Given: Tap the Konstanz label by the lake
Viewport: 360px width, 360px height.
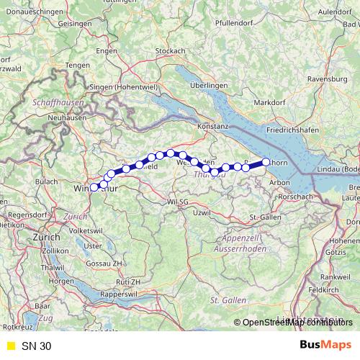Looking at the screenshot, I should [212, 125].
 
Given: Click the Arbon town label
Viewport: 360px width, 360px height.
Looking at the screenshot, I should [279, 183].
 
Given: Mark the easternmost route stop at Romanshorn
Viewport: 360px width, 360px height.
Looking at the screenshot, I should [266, 162].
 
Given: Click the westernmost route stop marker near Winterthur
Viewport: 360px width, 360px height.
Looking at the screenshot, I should [94, 188].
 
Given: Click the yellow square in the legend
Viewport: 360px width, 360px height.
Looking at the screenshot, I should [10, 346].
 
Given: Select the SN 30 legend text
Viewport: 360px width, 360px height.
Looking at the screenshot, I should [36, 346].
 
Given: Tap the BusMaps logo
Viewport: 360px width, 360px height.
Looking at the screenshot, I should [326, 346].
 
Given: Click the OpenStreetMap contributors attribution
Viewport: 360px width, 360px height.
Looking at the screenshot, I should [297, 323].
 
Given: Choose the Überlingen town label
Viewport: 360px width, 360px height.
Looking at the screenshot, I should [210, 85].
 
